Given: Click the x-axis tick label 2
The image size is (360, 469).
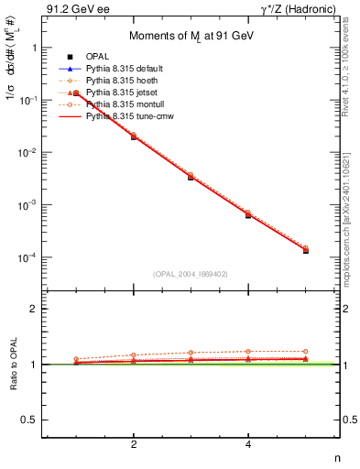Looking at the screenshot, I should pyautogui.click(x=134, y=444).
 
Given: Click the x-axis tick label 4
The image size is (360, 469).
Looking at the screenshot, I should pyautogui.click(x=248, y=444).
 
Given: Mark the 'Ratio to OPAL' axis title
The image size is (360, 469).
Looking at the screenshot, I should pyautogui.click(x=13, y=364).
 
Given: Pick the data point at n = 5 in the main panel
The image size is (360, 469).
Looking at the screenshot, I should pyautogui.click(x=305, y=250).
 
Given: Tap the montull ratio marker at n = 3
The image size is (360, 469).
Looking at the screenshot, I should pyautogui.click(x=191, y=353).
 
